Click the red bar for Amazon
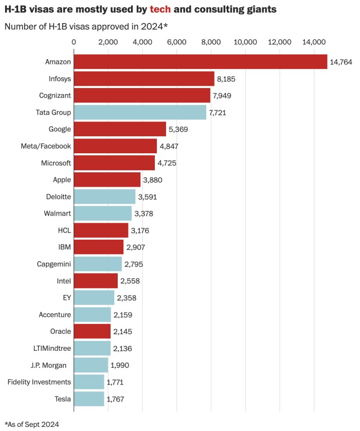[x=201, y=62]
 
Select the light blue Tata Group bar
[x=140, y=112]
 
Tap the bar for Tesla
[x=89, y=399]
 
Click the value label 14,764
[x=341, y=62]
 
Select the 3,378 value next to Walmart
[x=145, y=213]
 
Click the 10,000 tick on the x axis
[x=245, y=42]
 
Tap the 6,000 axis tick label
[x=176, y=42]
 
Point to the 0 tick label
[x=74, y=42]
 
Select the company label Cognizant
[x=55, y=95]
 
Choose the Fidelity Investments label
[x=39, y=382]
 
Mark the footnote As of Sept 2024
[x=32, y=424]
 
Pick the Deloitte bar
[x=105, y=196]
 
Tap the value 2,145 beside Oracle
[x=123, y=331]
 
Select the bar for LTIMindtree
[x=92, y=348]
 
